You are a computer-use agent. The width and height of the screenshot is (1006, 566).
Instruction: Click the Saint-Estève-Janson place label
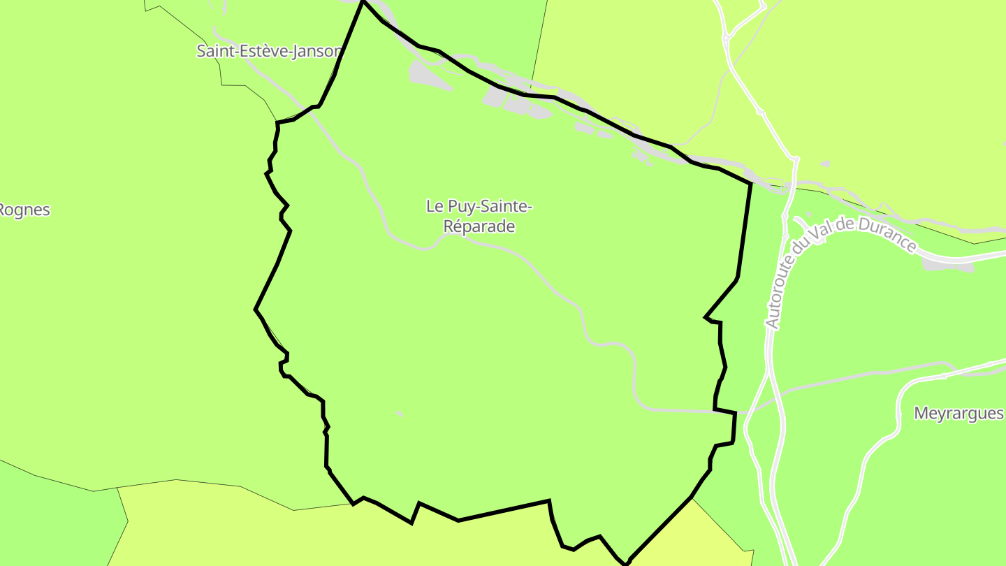click(x=269, y=51)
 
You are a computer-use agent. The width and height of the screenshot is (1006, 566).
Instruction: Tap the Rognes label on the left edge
click(x=25, y=210)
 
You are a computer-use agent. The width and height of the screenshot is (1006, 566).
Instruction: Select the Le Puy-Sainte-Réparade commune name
click(x=479, y=216)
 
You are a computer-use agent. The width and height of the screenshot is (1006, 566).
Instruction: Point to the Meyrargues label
click(x=958, y=414)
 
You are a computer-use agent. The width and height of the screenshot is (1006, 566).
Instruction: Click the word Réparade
click(x=479, y=226)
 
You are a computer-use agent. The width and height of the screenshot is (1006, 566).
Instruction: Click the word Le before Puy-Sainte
click(x=435, y=206)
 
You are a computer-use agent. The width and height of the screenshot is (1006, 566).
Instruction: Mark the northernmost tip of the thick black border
click(x=363, y=1)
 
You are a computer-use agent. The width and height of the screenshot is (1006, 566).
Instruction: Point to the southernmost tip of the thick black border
click(x=626, y=563)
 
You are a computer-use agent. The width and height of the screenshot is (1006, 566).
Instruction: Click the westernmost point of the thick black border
click(x=256, y=309)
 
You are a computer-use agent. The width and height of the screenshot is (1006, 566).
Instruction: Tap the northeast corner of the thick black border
click(x=751, y=184)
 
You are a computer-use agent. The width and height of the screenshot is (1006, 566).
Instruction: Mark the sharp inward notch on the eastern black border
click(x=706, y=318)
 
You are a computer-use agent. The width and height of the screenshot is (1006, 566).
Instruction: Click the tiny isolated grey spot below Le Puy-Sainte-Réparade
click(x=399, y=414)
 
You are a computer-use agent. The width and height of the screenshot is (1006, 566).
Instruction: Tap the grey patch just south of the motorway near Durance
click(x=947, y=264)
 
